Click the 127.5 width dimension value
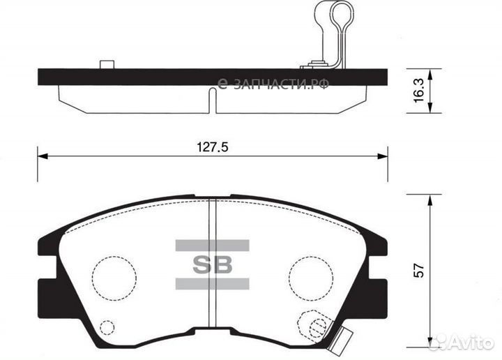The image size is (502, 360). (213, 147)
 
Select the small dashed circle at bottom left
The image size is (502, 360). (107, 327)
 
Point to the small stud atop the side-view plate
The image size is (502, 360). (107, 65)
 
